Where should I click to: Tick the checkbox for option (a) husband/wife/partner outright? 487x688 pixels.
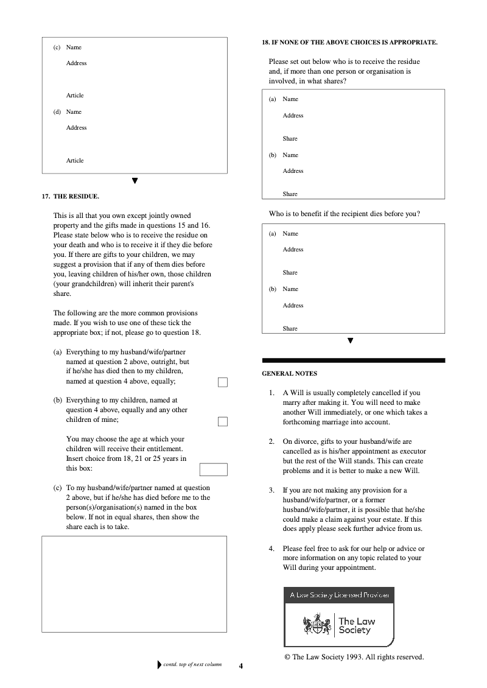coord(223,382)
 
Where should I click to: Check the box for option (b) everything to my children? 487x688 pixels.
coord(223,421)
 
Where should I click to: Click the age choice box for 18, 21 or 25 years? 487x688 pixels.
coord(213,469)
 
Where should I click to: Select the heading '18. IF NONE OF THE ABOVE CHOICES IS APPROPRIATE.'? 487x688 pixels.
coord(349,42)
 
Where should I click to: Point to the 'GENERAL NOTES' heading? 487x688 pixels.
coord(289,373)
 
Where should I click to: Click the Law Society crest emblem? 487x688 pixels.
coord(317,625)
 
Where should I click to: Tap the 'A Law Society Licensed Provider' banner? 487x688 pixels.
coord(339,595)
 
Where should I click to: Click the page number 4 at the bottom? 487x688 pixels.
coord(241,666)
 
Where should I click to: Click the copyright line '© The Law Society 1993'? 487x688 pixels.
coord(354,657)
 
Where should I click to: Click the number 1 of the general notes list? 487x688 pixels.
coord(272,393)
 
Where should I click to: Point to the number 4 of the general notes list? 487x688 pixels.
coord(272,549)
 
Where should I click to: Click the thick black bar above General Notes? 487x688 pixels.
coord(353,360)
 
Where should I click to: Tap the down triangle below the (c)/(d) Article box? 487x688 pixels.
coord(135,181)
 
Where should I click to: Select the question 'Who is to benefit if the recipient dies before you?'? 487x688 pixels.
coord(345,214)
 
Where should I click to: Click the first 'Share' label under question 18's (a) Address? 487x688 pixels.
coord(290,139)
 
